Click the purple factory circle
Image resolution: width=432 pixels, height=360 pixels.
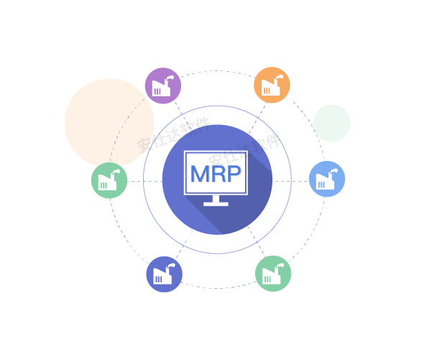pos(163,86)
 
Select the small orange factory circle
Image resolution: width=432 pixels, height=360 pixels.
pos(272,85)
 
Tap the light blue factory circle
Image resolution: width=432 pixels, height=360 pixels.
pos(327,179)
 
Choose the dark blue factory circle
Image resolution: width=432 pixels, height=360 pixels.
pos(165,274)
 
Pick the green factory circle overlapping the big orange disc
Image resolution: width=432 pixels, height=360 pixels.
pos(109,180)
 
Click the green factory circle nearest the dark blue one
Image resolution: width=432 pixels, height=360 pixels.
pos(273,273)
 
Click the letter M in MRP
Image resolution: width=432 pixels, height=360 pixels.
pos(200,174)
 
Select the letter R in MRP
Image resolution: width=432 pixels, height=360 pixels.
pos(219,174)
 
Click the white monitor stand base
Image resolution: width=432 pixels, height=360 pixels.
pos(216,203)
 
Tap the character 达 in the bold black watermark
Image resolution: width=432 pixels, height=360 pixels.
pos(175,132)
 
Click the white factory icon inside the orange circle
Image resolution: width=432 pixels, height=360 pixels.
pos(271,87)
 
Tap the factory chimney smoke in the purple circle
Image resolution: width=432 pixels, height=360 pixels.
pos(170,76)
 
